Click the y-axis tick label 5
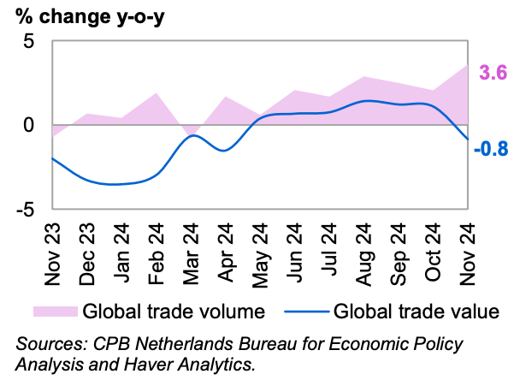(30, 42)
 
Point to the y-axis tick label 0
(30, 125)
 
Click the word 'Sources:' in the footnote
(48, 344)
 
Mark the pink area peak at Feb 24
(157, 93)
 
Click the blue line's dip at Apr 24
(224, 151)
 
